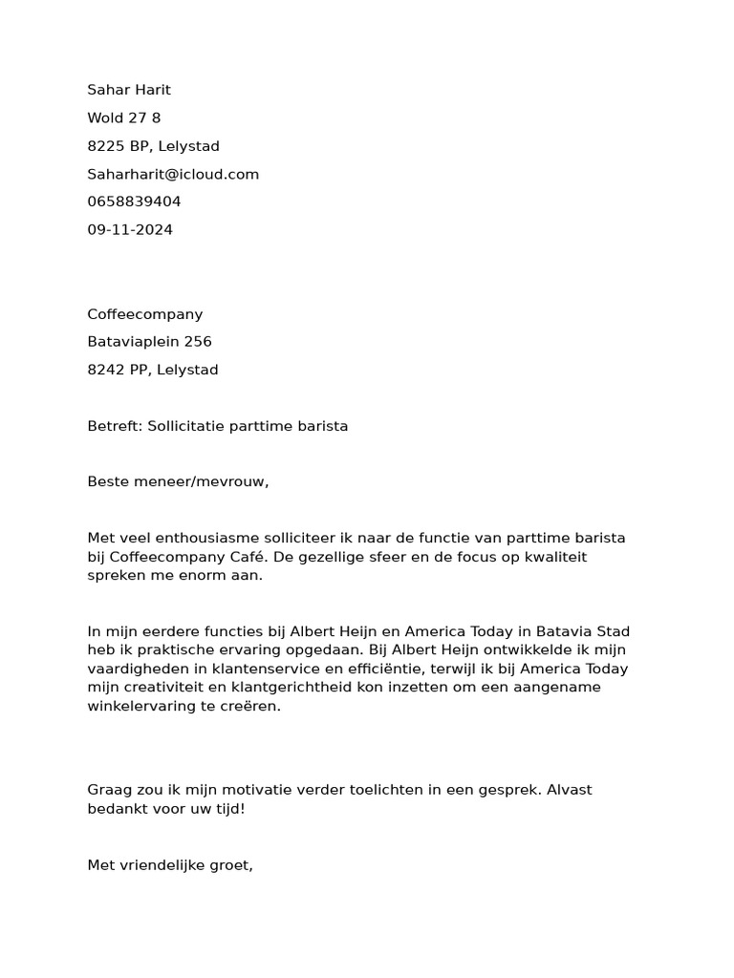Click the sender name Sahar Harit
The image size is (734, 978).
pyautogui.click(x=129, y=90)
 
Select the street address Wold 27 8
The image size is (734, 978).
pyautogui.click(x=124, y=117)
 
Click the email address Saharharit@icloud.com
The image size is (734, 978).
pyautogui.click(x=173, y=174)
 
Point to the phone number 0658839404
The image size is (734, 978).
pyautogui.click(x=134, y=202)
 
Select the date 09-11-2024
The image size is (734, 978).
pyautogui.click(x=130, y=229)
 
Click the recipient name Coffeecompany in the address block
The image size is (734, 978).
pyautogui.click(x=145, y=314)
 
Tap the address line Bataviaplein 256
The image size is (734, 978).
pyautogui.click(x=150, y=342)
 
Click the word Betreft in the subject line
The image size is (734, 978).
pyautogui.click(x=114, y=426)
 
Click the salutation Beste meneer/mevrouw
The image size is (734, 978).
pyautogui.click(x=178, y=481)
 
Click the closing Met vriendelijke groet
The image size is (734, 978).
pyautogui.click(x=169, y=865)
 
